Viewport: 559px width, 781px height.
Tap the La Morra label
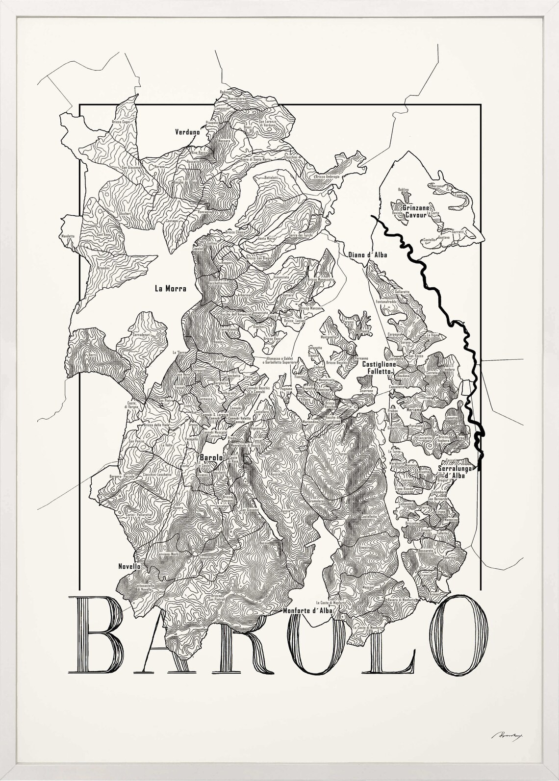click(170, 289)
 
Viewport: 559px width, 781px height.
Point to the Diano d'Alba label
click(368, 255)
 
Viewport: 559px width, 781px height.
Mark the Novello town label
click(129, 566)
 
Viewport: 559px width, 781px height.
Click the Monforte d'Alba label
click(308, 611)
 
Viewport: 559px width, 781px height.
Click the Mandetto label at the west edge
click(67, 236)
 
